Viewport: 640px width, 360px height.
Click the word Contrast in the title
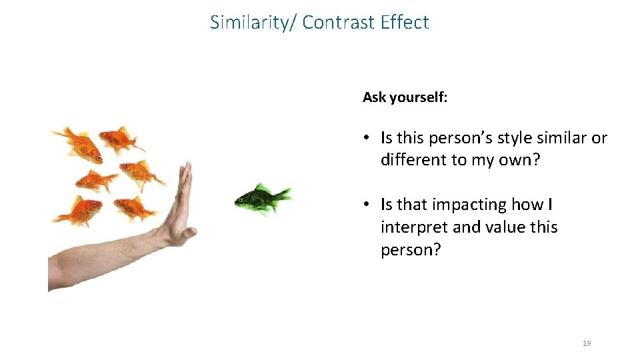click(339, 23)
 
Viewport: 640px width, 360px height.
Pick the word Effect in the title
click(405, 23)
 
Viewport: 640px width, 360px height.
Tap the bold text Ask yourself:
click(405, 97)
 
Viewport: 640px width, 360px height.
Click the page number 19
click(587, 343)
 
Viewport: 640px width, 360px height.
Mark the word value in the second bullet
click(506, 227)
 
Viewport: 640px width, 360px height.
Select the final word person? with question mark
click(411, 250)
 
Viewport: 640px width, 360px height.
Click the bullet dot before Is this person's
click(367, 139)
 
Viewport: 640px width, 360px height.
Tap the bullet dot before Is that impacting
click(367, 205)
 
